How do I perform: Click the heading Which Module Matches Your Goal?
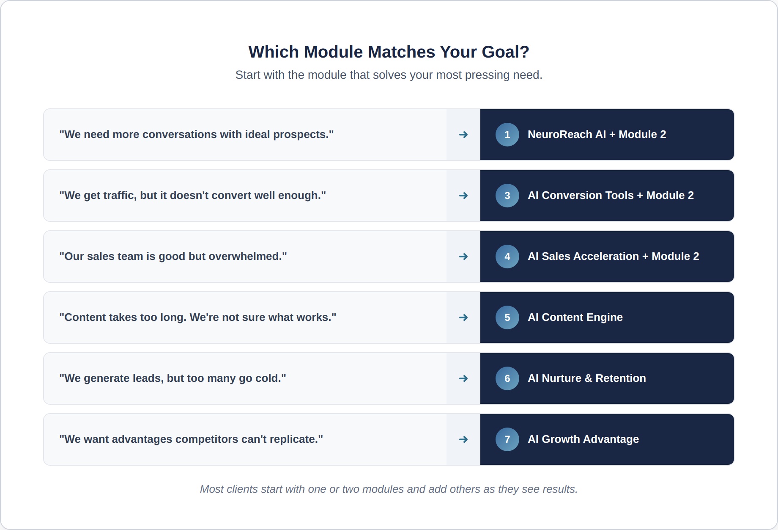389,52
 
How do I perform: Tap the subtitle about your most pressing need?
389,75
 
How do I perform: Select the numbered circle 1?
507,135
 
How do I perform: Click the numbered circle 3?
507,196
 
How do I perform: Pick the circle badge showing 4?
507,257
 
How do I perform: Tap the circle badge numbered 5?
507,317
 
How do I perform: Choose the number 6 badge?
507,378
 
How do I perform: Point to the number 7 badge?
507,439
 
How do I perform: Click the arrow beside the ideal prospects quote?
463,135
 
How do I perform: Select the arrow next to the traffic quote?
463,196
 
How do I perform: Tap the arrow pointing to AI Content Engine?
463,317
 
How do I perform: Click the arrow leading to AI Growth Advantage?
463,439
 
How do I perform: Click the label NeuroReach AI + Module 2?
597,135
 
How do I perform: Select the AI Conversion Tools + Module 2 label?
611,196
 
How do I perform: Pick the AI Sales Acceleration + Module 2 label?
614,257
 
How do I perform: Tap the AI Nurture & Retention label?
587,378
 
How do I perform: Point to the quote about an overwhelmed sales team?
173,257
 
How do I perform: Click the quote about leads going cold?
173,378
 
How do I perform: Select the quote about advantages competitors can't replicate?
191,439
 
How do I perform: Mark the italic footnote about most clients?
389,489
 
